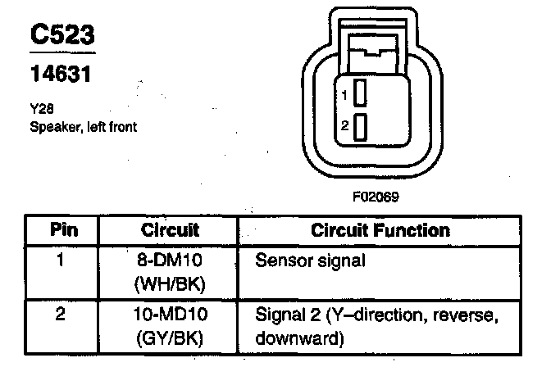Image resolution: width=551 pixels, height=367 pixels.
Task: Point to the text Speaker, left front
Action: click(x=83, y=126)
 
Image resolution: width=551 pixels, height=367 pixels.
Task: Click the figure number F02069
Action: click(x=378, y=197)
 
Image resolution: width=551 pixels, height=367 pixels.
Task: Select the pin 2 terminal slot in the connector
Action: click(x=359, y=126)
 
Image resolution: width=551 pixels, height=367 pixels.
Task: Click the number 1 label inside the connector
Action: click(x=345, y=96)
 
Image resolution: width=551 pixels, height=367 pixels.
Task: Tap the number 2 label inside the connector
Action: click(x=345, y=127)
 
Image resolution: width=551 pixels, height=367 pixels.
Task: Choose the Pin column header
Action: click(x=64, y=230)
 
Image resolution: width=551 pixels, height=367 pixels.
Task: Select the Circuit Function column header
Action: click(x=380, y=230)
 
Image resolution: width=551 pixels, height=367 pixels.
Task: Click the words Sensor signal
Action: click(x=310, y=262)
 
